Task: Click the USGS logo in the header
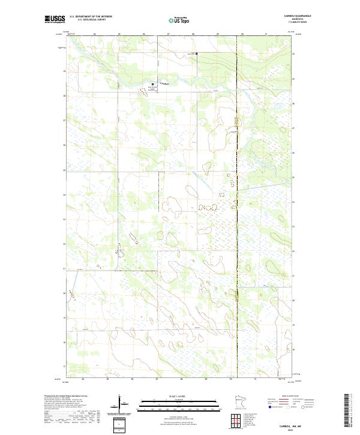[56, 19]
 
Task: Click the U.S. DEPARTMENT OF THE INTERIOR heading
[91, 16]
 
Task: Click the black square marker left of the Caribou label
[152, 84]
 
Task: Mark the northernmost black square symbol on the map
[196, 54]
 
